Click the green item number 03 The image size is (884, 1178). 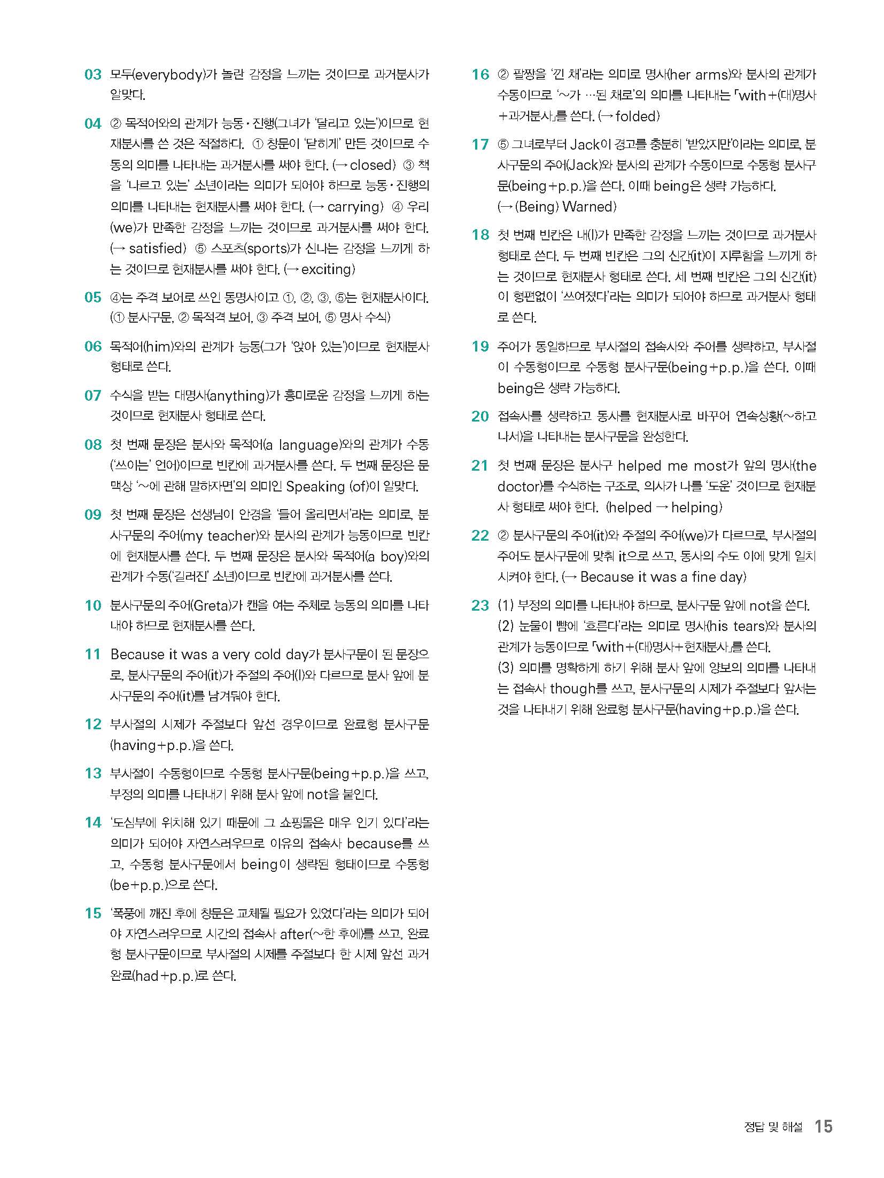point(92,75)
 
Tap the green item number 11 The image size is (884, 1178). point(92,654)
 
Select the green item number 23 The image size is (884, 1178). point(480,605)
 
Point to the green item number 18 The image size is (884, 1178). point(480,235)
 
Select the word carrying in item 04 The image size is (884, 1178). point(355,207)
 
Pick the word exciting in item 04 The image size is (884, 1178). point(327,269)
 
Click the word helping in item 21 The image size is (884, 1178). point(694,508)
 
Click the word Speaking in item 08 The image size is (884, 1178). point(315,487)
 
